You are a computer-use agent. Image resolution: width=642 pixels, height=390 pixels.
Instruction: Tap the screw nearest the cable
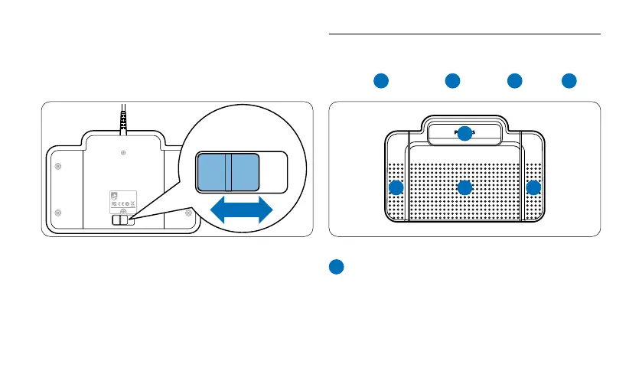click(x=123, y=153)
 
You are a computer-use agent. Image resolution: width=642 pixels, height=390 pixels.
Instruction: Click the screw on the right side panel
click(x=189, y=213)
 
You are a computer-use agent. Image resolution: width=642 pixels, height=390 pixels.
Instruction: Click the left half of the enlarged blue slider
click(x=213, y=171)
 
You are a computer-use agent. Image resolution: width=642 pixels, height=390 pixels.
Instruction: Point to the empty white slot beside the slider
click(x=274, y=171)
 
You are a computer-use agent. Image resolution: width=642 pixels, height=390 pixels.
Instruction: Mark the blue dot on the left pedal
click(x=396, y=188)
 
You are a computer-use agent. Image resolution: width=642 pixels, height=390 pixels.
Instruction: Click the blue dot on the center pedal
click(x=464, y=188)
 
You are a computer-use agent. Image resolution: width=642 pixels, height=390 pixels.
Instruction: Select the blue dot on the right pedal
click(x=533, y=188)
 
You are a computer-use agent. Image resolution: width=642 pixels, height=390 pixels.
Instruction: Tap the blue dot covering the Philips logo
click(x=464, y=133)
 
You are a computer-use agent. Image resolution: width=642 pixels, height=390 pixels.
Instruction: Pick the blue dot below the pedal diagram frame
click(x=337, y=267)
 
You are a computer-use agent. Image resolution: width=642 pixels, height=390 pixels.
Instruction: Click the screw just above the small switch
click(x=123, y=210)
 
